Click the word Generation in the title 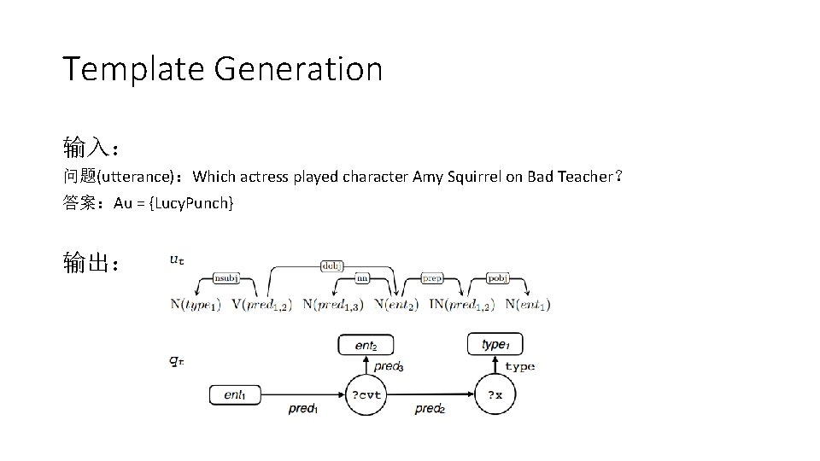coord(298,69)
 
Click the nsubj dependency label coord(227,277)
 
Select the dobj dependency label coord(332,266)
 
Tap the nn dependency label coord(362,277)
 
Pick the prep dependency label coord(433,277)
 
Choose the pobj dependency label coord(497,277)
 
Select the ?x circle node coord(495,394)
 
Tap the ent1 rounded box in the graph coord(235,394)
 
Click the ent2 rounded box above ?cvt coord(366,345)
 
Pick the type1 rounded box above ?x coord(495,344)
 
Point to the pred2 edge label coord(430,409)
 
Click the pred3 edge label coord(389,366)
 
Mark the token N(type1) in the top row coord(196,304)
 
